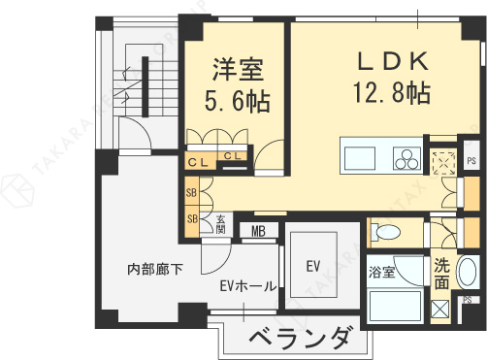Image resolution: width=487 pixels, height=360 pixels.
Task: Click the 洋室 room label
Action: tap(237, 70)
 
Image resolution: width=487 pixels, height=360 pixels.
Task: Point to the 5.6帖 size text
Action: tap(237, 100)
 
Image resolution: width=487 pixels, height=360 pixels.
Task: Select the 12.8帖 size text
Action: tap(393, 93)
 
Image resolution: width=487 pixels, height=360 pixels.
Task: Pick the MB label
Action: tap(258, 231)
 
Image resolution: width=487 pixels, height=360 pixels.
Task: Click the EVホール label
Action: tap(248, 286)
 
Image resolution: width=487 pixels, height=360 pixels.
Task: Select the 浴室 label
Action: tap(380, 273)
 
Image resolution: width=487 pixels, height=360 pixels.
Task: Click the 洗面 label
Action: tap(442, 273)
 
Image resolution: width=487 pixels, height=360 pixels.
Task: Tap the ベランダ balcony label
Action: tap(299, 340)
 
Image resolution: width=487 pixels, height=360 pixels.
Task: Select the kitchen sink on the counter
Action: tap(361, 158)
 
